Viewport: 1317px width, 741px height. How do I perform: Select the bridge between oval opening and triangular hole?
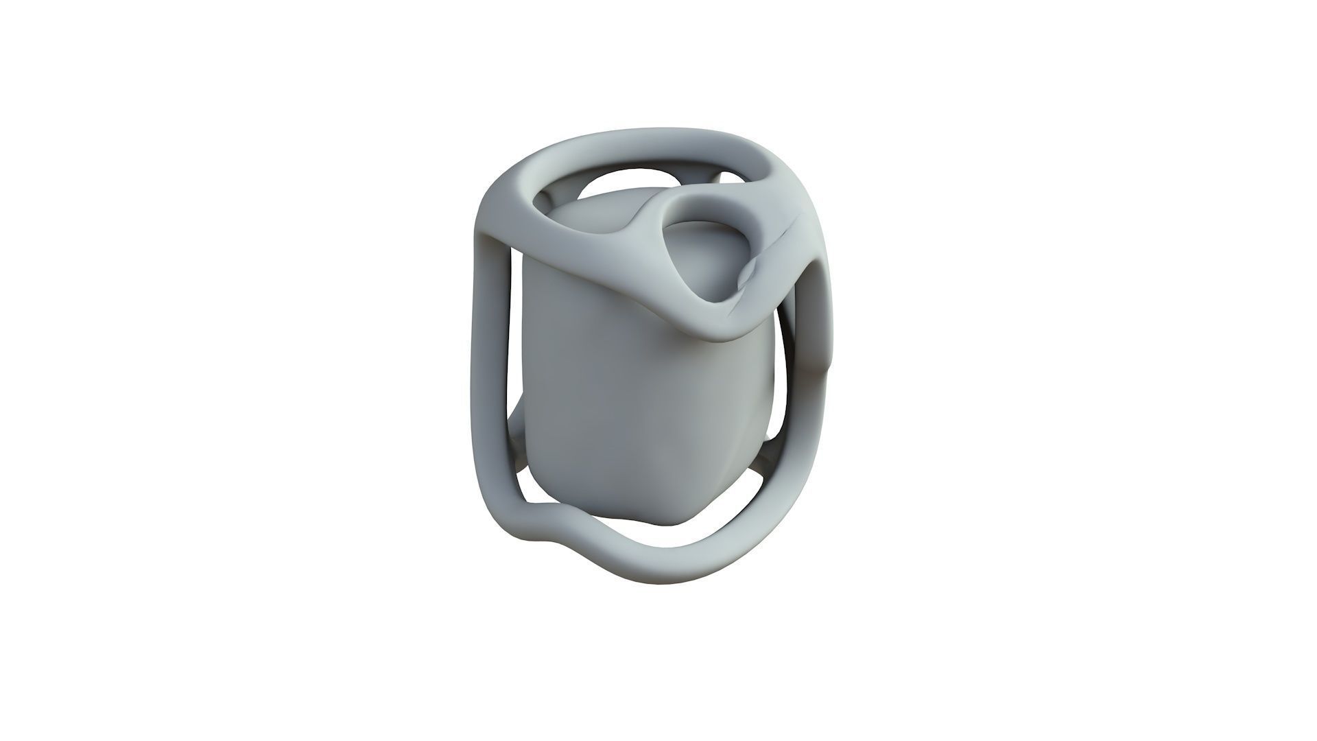click(x=652, y=220)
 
